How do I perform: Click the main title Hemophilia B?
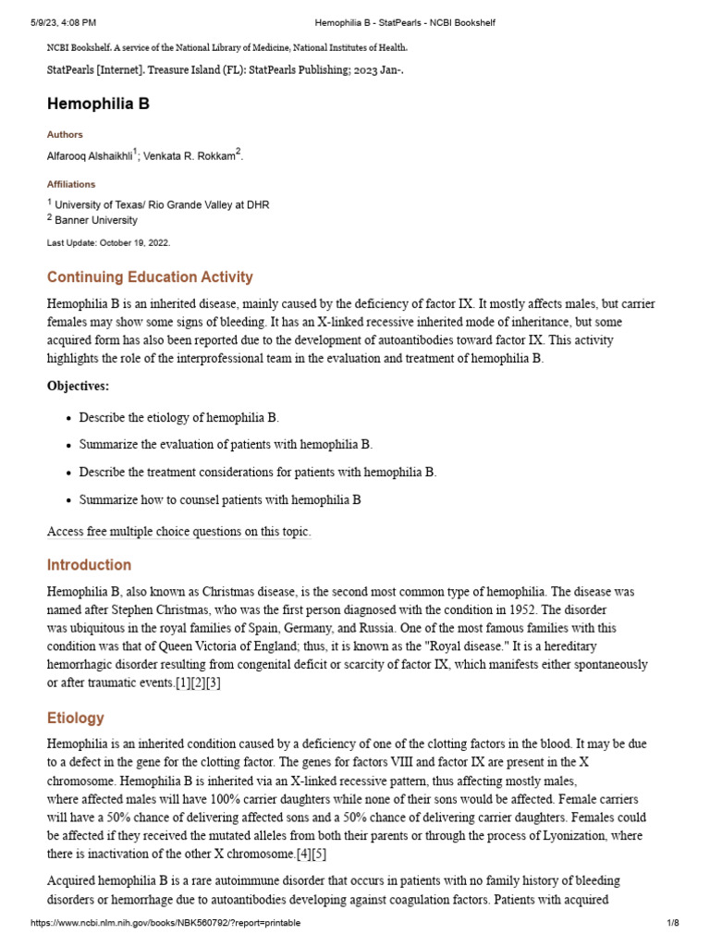(x=98, y=105)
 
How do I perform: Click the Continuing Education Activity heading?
(x=150, y=277)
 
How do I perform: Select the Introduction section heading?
(x=90, y=565)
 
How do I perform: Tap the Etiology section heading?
(x=76, y=719)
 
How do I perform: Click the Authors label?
(x=65, y=135)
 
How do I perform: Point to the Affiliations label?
(x=71, y=184)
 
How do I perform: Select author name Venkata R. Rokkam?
(x=190, y=156)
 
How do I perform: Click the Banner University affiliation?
(x=96, y=220)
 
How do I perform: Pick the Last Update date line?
(x=108, y=242)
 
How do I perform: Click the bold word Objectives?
(x=79, y=387)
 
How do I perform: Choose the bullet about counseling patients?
(x=219, y=500)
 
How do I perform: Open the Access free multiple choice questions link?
(x=179, y=532)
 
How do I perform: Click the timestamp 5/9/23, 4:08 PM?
(x=63, y=21)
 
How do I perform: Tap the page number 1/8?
(x=673, y=923)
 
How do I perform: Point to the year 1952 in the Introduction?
(x=526, y=609)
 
